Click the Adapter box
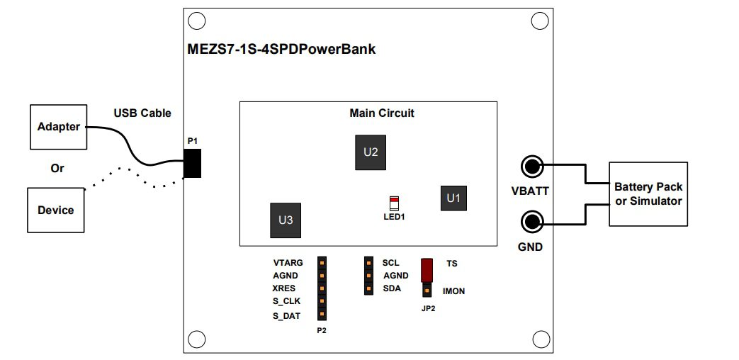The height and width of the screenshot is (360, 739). (58, 127)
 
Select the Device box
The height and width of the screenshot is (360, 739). (56, 210)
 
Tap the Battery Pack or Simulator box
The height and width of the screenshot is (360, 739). (648, 194)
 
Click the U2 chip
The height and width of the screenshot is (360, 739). (371, 152)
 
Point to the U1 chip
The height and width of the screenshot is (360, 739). (453, 198)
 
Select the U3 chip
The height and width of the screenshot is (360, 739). (285, 220)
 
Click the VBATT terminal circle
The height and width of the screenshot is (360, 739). (531, 167)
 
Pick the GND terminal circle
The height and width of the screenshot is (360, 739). (531, 222)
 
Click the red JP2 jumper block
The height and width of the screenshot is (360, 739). (427, 269)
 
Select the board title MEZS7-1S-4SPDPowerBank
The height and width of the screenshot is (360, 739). (281, 50)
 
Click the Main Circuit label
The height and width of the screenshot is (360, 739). (382, 113)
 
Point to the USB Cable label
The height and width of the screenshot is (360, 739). (142, 113)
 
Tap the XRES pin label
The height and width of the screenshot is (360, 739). (284, 288)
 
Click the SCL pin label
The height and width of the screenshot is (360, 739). (390, 263)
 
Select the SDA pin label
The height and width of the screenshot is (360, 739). (392, 288)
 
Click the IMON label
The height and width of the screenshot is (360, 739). (453, 291)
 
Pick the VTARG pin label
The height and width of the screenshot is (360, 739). (288, 263)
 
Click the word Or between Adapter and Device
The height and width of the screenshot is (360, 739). (57, 169)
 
